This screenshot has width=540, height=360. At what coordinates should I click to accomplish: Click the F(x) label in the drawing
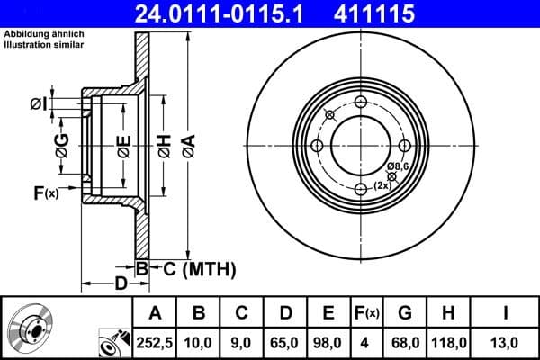point(45,192)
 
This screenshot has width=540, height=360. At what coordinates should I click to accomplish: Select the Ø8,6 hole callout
point(398,167)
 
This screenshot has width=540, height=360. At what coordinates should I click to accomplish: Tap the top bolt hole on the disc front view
point(362,102)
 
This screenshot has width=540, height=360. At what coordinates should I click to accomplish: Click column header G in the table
point(405,313)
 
